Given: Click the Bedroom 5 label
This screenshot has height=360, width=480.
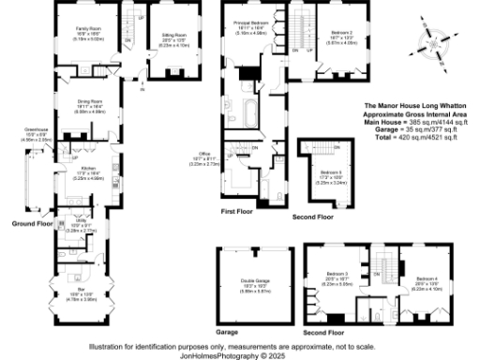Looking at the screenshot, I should point(328,173).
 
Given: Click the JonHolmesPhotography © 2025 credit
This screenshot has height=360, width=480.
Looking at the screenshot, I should point(240,354).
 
